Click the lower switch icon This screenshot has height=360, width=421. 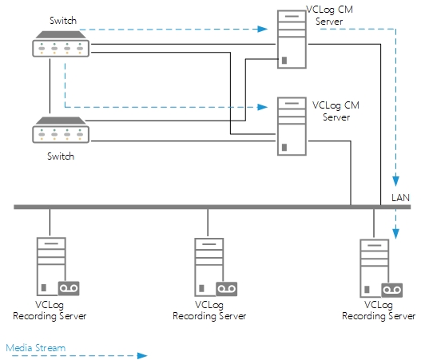[x=61, y=131]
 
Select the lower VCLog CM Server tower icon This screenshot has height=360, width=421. [x=288, y=126]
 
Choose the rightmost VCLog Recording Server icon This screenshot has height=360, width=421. [x=374, y=267]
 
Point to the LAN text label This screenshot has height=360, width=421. [x=400, y=196]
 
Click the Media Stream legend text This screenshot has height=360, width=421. [x=35, y=348]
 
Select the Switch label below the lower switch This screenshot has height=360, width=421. [x=61, y=156]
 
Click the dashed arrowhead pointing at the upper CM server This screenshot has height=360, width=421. [x=263, y=30]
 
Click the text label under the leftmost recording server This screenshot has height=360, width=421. [x=50, y=311]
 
